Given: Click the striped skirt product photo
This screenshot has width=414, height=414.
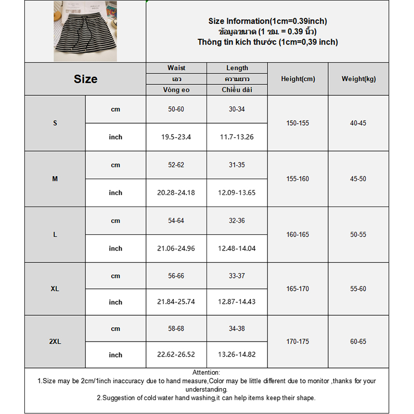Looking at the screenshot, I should (85, 31).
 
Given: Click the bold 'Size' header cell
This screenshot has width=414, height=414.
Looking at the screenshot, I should (85, 79).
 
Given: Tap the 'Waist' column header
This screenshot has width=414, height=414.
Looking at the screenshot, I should (176, 68).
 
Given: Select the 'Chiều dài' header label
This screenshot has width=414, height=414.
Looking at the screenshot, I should (237, 90).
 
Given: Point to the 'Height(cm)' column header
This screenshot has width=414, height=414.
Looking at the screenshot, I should (298, 79).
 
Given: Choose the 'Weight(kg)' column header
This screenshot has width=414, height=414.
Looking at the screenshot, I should (358, 79).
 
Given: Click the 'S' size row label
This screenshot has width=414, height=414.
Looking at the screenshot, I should (55, 123).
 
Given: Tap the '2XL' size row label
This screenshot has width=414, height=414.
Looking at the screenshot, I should (55, 342).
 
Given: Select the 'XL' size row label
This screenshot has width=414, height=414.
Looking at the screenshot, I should (55, 289).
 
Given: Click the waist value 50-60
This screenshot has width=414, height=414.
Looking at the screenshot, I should (176, 109).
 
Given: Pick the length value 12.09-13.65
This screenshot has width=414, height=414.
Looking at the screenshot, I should (237, 193).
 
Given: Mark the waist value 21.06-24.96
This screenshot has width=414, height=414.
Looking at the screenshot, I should (176, 248).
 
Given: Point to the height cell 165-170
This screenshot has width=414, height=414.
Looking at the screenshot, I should (298, 289).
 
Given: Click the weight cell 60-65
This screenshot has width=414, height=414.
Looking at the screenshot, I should (358, 342).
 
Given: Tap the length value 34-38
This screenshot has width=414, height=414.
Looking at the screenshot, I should (237, 329).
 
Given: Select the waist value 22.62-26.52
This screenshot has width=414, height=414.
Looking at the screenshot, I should (176, 355).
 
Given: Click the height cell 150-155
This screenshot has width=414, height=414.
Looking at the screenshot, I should (298, 123).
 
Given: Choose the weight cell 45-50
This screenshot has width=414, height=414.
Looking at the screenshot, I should (358, 179).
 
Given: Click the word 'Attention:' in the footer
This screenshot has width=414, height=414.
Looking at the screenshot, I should (206, 373).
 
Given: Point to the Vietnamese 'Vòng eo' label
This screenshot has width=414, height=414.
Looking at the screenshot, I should (176, 90).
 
